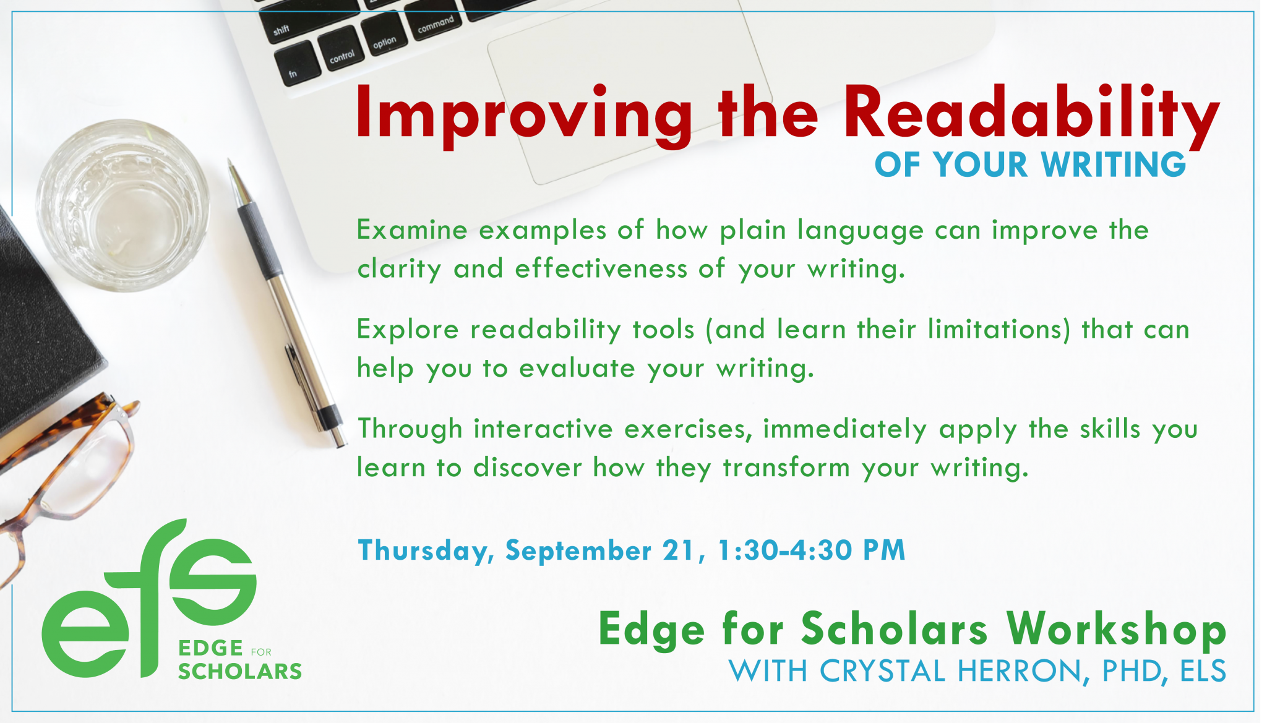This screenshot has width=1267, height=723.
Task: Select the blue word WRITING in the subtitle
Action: [x=1114, y=165]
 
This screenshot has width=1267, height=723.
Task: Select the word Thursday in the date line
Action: [x=424, y=550]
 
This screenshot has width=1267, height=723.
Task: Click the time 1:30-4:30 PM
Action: [x=811, y=550]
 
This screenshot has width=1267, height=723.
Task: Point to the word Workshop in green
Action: [x=1117, y=630]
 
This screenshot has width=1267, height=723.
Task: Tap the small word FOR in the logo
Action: [x=261, y=652]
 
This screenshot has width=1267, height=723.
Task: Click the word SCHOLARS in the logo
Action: [x=240, y=671]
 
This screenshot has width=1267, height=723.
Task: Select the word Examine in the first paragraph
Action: [x=412, y=230]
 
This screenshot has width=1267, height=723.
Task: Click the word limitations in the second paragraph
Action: [x=995, y=329]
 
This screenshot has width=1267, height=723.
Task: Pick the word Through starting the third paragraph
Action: [x=410, y=429]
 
